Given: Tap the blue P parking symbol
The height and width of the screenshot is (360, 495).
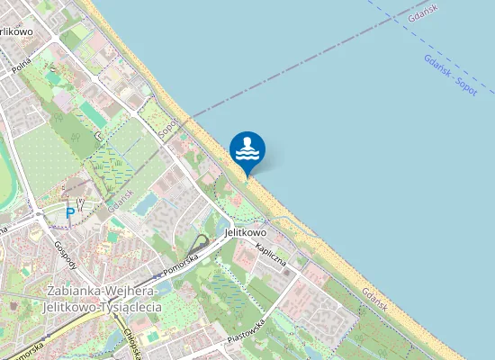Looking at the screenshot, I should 70,213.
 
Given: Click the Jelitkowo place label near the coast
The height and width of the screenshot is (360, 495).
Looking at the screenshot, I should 248,230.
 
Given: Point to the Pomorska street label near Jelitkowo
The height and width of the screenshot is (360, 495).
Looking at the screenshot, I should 178,265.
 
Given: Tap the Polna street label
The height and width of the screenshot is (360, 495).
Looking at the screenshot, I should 21,66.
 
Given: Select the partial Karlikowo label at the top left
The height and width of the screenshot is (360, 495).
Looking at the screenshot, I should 16,31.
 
